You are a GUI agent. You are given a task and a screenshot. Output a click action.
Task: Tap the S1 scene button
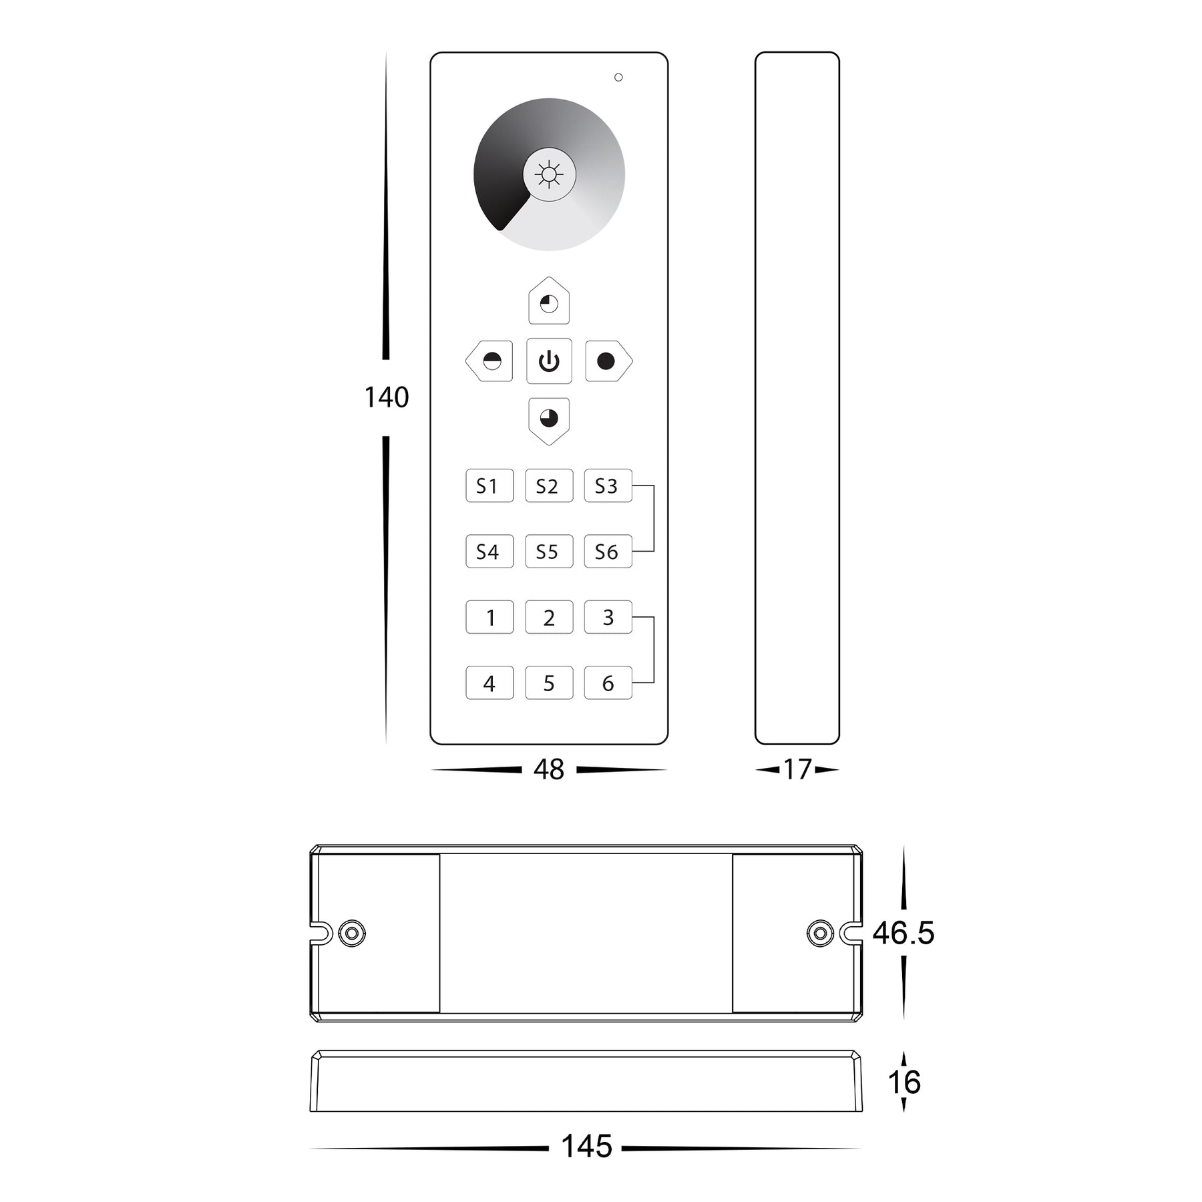pyautogui.click(x=489, y=485)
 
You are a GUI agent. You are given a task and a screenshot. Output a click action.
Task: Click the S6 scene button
pyautogui.click(x=608, y=552)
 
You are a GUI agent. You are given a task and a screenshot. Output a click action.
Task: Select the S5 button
pyautogui.click(x=549, y=552)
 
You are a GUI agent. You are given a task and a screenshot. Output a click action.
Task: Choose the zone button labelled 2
pyautogui.click(x=549, y=617)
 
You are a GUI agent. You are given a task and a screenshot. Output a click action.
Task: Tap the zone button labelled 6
pyautogui.click(x=608, y=682)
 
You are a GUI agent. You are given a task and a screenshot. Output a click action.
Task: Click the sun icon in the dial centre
pyautogui.click(x=549, y=175)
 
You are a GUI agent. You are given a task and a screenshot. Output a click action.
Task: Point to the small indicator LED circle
pyautogui.click(x=618, y=77)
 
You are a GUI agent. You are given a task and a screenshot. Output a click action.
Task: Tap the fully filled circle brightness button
pyautogui.click(x=608, y=361)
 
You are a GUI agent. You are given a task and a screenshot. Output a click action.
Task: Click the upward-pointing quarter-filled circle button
pyautogui.click(x=549, y=301)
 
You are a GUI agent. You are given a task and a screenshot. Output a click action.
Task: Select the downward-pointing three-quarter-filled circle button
pyautogui.click(x=549, y=421)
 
